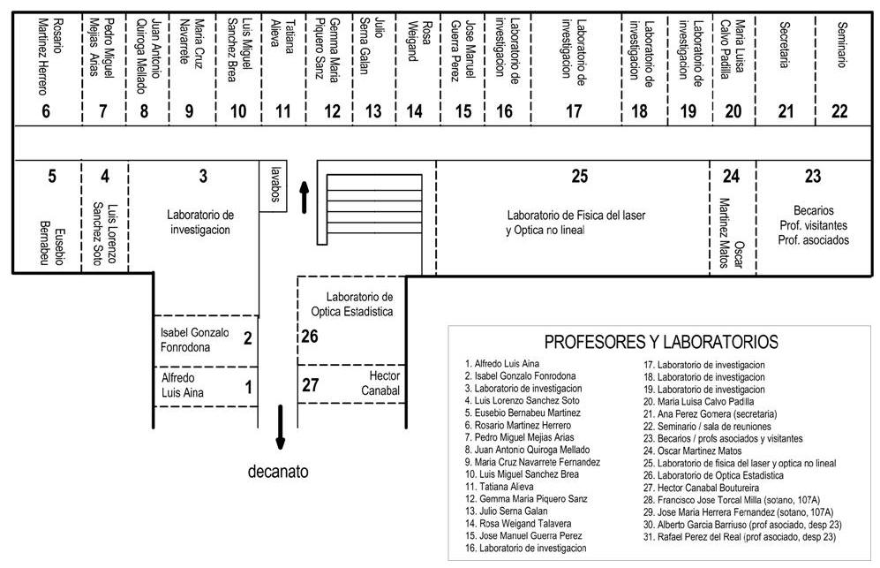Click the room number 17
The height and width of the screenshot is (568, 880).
[574, 110]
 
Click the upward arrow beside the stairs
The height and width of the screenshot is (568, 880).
[305, 197]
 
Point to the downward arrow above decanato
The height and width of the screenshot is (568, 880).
[280, 427]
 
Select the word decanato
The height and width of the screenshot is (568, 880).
[278, 471]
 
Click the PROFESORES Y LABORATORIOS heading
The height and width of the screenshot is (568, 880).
[661, 342]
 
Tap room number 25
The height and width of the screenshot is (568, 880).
[579, 177]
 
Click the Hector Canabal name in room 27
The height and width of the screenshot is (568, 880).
[380, 383]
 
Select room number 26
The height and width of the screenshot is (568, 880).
[310, 336]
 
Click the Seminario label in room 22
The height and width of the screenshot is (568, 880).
[841, 44]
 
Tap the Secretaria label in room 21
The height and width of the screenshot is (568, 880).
[786, 44]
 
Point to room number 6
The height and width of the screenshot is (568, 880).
[46, 110]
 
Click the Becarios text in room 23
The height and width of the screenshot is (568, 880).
[813, 211]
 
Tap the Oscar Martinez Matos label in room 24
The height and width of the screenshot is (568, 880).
[732, 233]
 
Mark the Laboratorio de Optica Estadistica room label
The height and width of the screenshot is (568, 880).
[352, 304]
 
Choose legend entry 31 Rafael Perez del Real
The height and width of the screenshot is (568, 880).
[740, 536]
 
